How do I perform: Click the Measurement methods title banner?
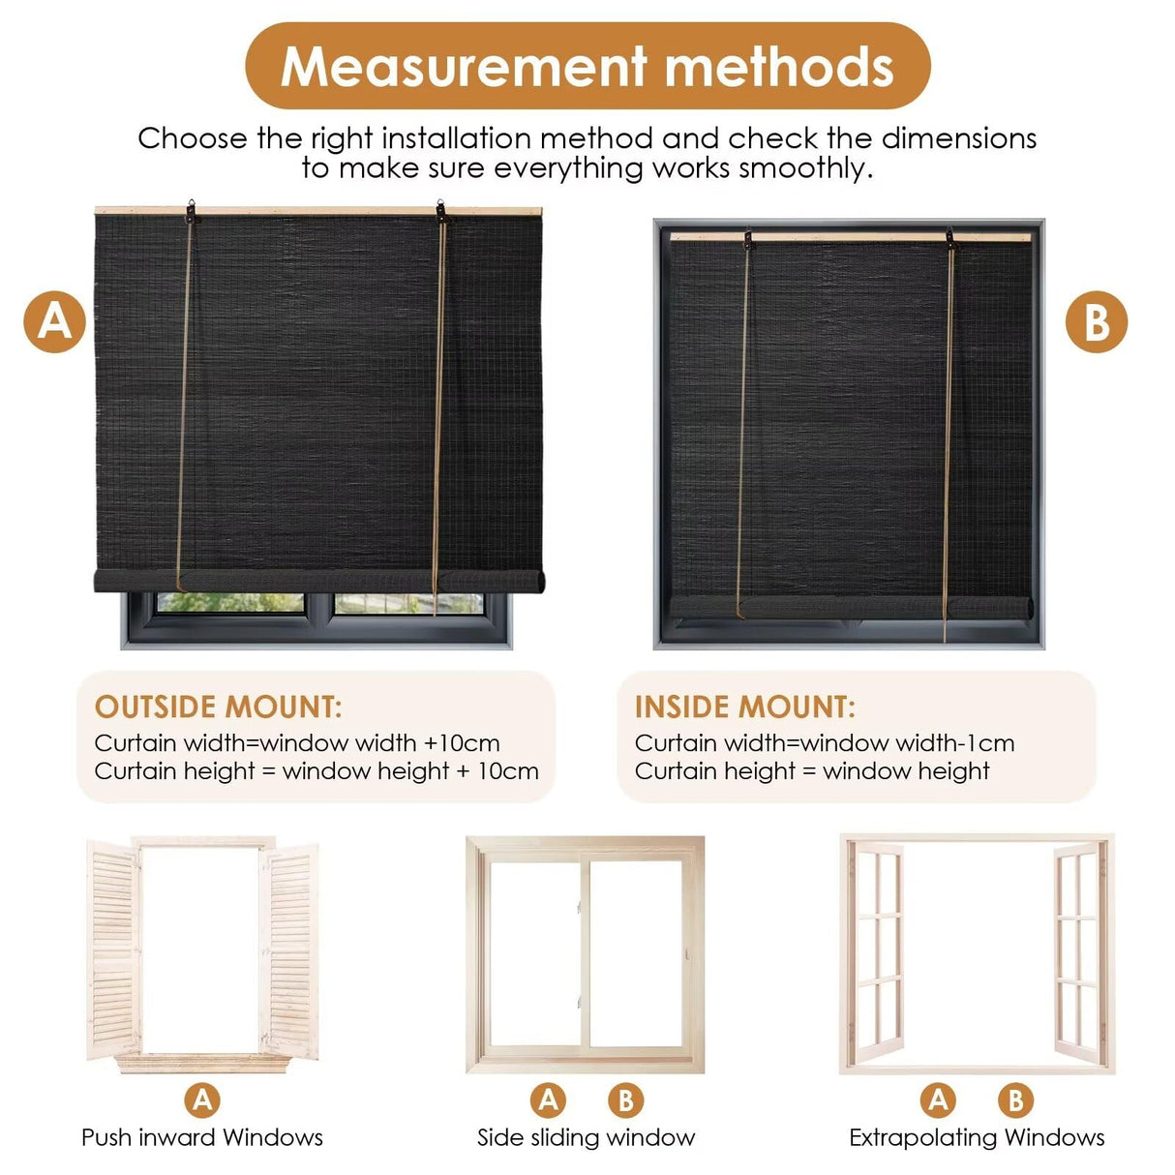click(587, 66)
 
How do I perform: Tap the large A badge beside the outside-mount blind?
click(55, 321)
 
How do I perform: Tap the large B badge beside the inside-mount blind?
click(1097, 321)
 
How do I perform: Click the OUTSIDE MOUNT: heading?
click(218, 707)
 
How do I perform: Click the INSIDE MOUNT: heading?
click(744, 707)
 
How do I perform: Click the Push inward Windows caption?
click(202, 1137)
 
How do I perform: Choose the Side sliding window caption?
click(586, 1137)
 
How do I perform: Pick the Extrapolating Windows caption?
click(977, 1137)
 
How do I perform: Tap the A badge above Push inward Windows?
click(202, 1100)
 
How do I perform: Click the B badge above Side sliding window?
click(625, 1100)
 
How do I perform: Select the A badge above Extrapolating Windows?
click(938, 1100)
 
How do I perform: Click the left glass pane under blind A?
click(230, 603)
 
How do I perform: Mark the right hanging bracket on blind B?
click(951, 238)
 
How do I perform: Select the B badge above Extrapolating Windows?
click(1015, 1100)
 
